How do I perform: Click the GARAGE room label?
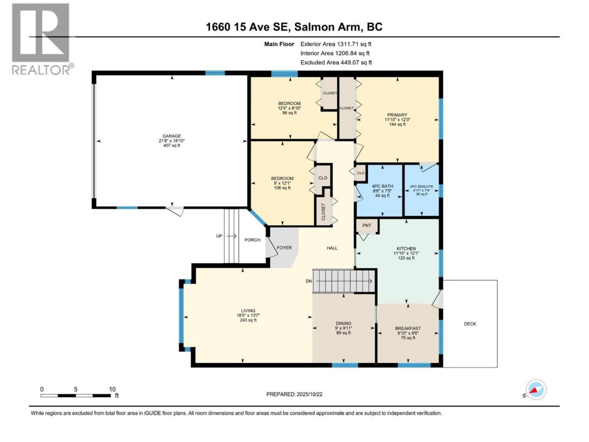[172, 136]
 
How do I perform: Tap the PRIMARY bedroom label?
[397, 115]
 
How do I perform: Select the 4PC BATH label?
[382, 186]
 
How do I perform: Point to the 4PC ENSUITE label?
[422, 186]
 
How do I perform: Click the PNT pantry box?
[367, 226]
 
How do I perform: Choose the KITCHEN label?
[406, 249]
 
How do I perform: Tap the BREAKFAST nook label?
[408, 328]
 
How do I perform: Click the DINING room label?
[343, 323]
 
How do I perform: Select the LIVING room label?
[248, 310]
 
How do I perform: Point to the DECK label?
[470, 324]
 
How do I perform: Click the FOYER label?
[284, 248]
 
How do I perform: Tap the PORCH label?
[252, 240]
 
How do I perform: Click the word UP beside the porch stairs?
[219, 236]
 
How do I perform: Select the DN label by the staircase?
[309, 281]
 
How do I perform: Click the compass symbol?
[536, 390]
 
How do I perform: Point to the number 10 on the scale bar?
[112, 389]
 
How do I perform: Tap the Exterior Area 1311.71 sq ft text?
[336, 44]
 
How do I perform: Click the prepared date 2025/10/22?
[309, 394]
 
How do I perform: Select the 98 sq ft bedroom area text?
[289, 113]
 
